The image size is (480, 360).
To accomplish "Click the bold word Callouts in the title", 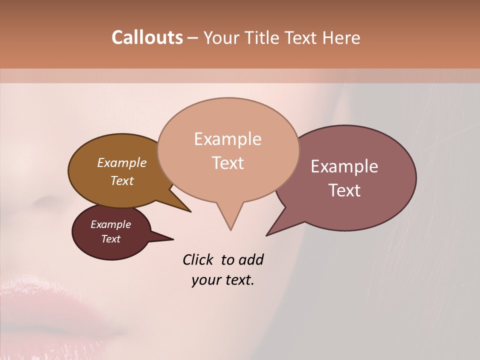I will click(147, 37).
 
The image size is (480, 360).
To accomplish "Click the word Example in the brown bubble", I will click(122, 162).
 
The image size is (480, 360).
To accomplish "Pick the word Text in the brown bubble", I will click(122, 180).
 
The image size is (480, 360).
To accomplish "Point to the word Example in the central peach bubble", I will click(227, 139).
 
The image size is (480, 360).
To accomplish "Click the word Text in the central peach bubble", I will click(227, 163).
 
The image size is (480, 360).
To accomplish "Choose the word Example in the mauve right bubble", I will click(344, 166).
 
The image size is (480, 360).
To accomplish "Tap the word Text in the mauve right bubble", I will click(344, 190).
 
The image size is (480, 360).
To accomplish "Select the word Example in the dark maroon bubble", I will click(110, 224).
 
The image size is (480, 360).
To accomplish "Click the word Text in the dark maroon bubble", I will click(110, 239).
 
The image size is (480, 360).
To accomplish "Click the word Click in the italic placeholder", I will click(198, 259).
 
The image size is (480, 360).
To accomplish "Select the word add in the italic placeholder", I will click(250, 259).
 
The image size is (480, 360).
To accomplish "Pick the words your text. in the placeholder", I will click(223, 280).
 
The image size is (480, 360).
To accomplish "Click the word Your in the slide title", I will click(220, 37).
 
